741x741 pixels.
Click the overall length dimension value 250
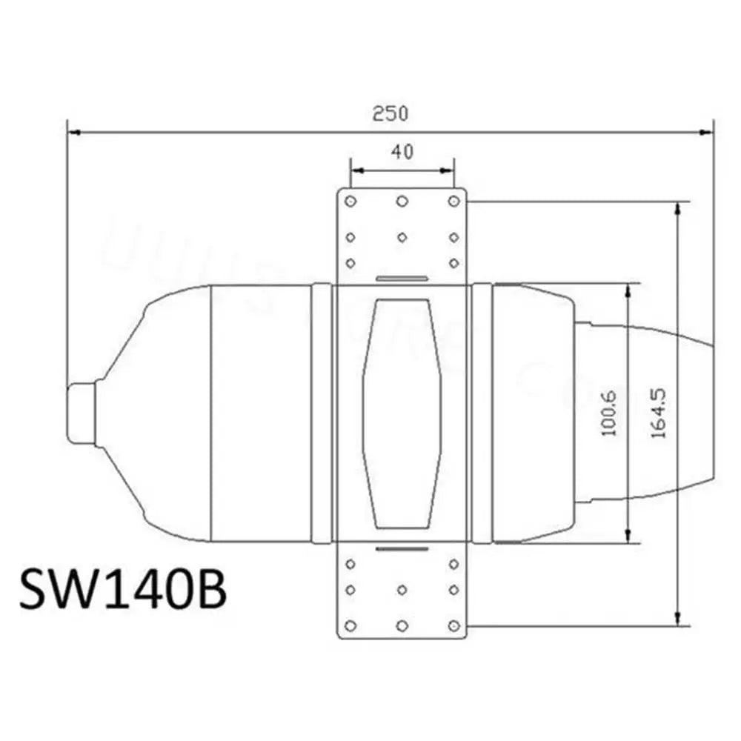391,113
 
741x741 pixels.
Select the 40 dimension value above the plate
402,152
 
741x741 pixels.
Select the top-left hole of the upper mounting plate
351,201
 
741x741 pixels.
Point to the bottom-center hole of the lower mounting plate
402,625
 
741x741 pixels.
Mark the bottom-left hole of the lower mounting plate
351,625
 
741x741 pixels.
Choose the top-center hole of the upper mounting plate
402,201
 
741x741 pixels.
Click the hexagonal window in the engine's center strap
402,414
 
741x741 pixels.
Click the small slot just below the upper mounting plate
402,279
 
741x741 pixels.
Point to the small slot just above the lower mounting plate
402,549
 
